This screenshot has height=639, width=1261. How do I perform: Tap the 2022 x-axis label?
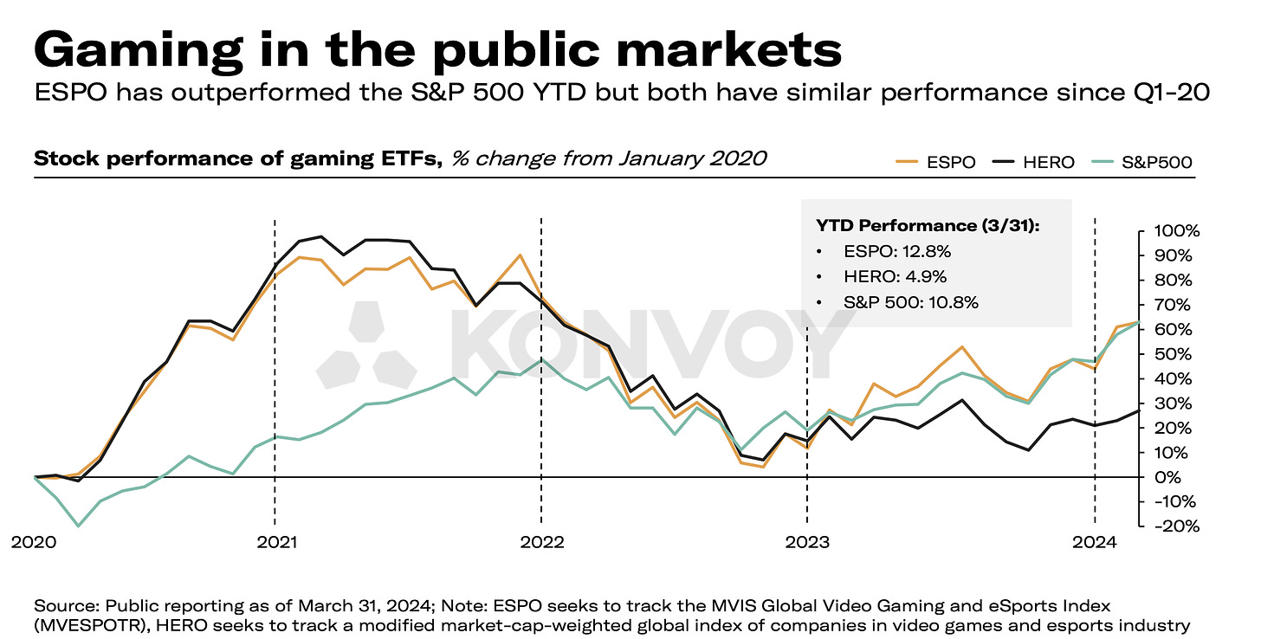[541, 543]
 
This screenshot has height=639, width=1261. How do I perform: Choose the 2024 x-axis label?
[1095, 543]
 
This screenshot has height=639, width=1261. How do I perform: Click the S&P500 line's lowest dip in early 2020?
[79, 526]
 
